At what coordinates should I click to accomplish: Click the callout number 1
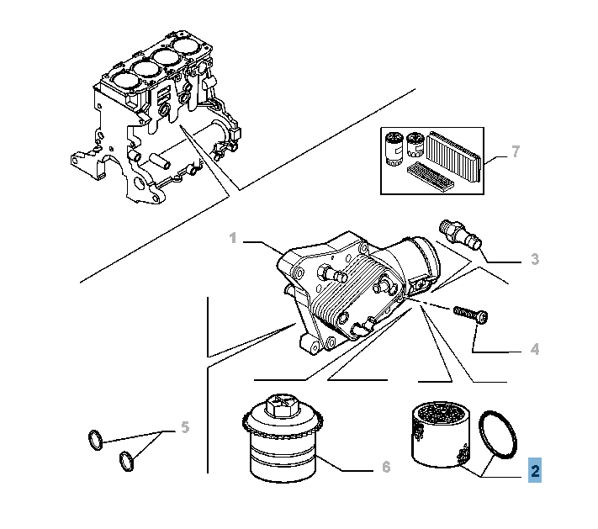point(233,240)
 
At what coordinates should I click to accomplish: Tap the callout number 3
point(535,259)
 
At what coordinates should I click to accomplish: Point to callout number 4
point(535,349)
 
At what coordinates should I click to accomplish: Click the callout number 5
point(184,427)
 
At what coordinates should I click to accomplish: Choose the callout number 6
point(386,467)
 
